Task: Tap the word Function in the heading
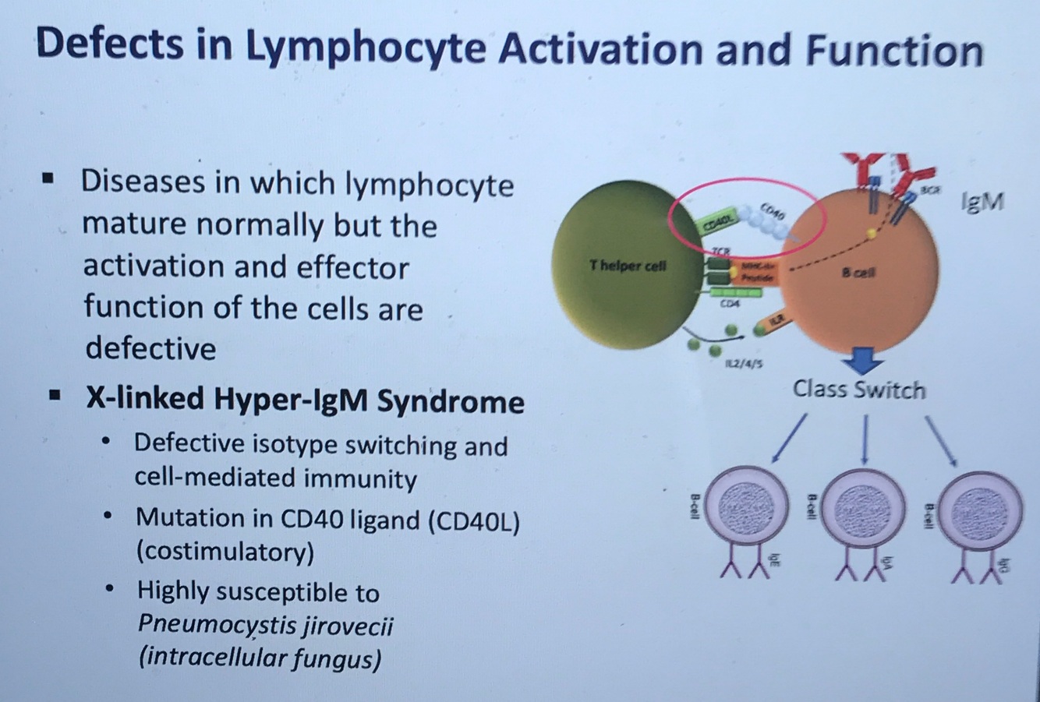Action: coord(895,51)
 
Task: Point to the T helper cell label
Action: coord(628,266)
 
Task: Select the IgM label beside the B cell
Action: coord(982,202)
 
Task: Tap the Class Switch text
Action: coord(858,389)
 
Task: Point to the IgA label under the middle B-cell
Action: coord(886,563)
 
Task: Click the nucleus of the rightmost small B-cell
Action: coord(980,507)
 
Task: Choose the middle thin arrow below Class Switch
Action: coord(864,439)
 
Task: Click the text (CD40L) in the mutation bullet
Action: coord(473,520)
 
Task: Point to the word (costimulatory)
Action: coord(225,552)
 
